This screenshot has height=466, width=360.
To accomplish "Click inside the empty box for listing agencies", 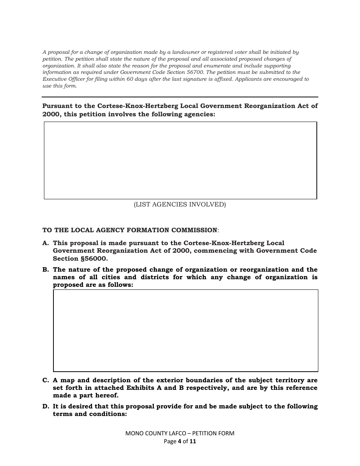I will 180,160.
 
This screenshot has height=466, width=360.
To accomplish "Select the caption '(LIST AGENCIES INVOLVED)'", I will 180,205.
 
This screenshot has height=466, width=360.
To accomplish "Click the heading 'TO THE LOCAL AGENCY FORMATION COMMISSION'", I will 130,230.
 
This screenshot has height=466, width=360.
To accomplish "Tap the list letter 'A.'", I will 45,243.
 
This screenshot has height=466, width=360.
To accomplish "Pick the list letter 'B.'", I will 45,270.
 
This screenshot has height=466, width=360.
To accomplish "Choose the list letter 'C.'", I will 45,380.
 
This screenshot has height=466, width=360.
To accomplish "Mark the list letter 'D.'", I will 45,407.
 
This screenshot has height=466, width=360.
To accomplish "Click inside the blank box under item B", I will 185,330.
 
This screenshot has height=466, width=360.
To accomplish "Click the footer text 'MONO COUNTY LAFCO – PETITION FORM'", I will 180,433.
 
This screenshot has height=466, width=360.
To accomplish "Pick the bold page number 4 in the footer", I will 179,441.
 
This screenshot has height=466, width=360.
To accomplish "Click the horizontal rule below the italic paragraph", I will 180,97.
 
